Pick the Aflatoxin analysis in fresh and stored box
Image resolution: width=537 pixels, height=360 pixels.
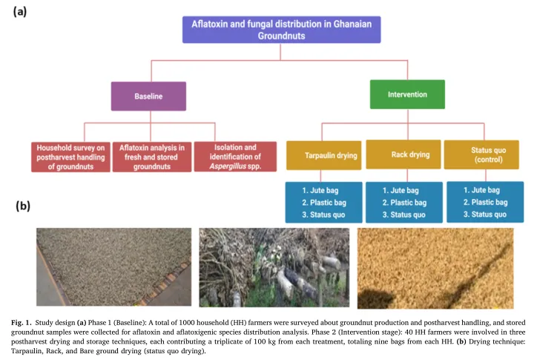click(153, 156)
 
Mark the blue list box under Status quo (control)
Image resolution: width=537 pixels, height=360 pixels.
click(482, 202)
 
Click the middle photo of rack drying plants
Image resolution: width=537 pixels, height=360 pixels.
click(274, 267)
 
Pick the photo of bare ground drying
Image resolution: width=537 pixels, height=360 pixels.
click(435, 267)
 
